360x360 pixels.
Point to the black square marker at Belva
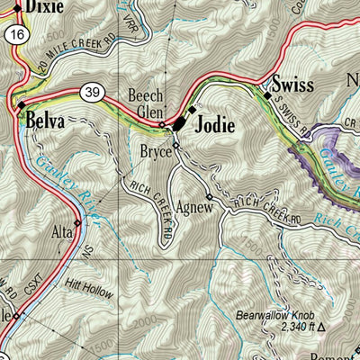pyautogui.click(x=22, y=106)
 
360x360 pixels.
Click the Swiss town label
pyautogui.click(x=292, y=85)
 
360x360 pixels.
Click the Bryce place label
pyautogui.click(x=155, y=152)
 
